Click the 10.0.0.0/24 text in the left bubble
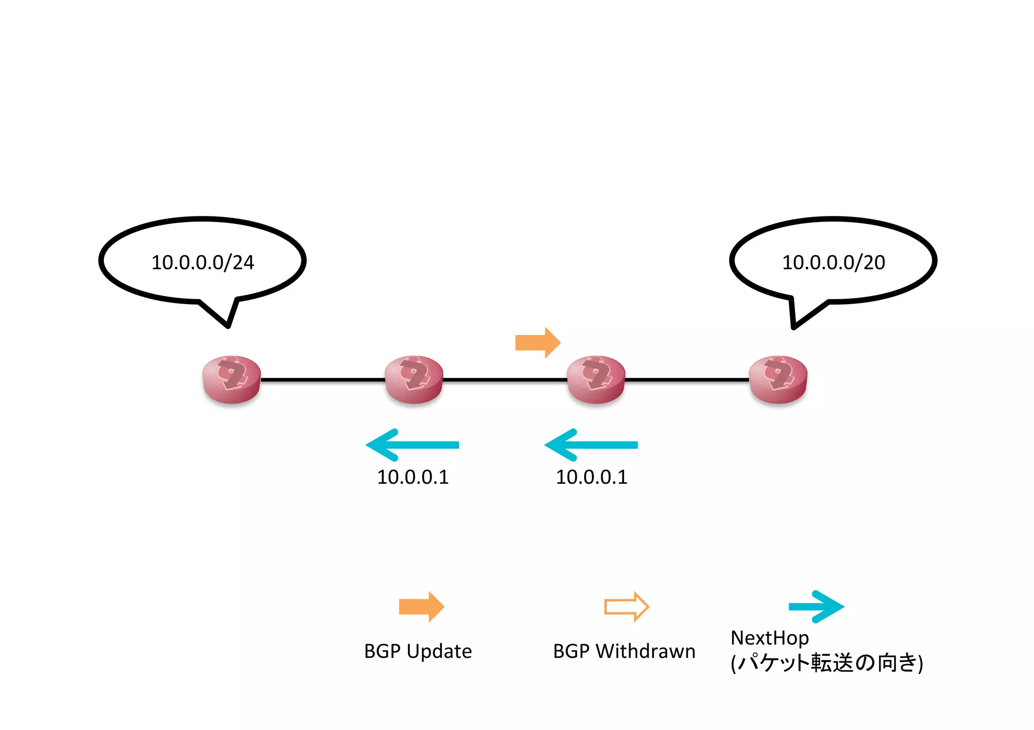(202, 262)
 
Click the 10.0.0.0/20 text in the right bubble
(833, 262)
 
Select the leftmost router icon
(231, 379)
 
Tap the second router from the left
(413, 379)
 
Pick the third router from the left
(596, 379)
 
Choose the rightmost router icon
(778, 379)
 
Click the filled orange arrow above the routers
(537, 343)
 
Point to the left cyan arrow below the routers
(411, 445)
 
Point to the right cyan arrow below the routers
(590, 445)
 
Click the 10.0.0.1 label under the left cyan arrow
(412, 477)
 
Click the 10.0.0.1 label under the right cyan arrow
(591, 477)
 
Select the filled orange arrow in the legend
(421, 606)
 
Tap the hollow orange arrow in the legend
(626, 606)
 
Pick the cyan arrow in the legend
(816, 606)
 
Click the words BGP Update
(418, 651)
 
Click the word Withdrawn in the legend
(645, 651)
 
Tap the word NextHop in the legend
(769, 638)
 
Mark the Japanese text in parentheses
(826, 663)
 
